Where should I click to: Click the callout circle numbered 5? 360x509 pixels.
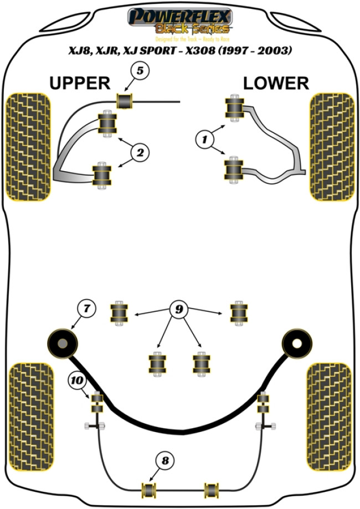tap(140, 71)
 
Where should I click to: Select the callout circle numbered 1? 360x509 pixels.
tap(206, 138)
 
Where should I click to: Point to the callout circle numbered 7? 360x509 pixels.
tap(86, 309)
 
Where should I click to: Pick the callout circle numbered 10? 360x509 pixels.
tap(76, 381)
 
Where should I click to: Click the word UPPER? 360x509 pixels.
tap(80, 83)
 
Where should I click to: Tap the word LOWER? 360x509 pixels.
tap(275, 83)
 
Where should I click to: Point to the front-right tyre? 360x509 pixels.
tap(332, 148)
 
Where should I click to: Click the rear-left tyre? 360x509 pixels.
tap(32, 409)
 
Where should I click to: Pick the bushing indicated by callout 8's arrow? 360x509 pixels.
tap(148, 490)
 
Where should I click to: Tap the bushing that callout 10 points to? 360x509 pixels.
tap(97, 402)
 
